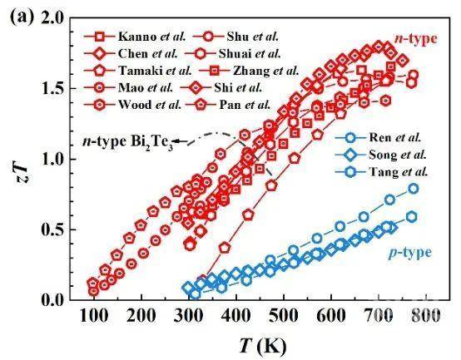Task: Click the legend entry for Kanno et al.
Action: [135, 37]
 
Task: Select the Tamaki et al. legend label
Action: [137, 71]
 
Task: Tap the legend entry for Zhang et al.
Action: [249, 71]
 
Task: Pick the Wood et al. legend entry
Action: [132, 105]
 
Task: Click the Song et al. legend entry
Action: [381, 155]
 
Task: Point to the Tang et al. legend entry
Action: [382, 172]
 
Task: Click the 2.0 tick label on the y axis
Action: [53, 18]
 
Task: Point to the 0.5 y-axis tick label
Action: [53, 230]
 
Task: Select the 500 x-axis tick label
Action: [284, 316]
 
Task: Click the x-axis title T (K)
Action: [263, 346]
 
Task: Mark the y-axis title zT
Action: [22, 175]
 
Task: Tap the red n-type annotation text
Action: [416, 38]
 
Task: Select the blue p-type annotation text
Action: [410, 253]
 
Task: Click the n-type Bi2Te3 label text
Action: [127, 142]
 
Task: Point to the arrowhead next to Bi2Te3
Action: [176, 141]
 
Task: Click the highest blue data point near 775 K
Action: [414, 189]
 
